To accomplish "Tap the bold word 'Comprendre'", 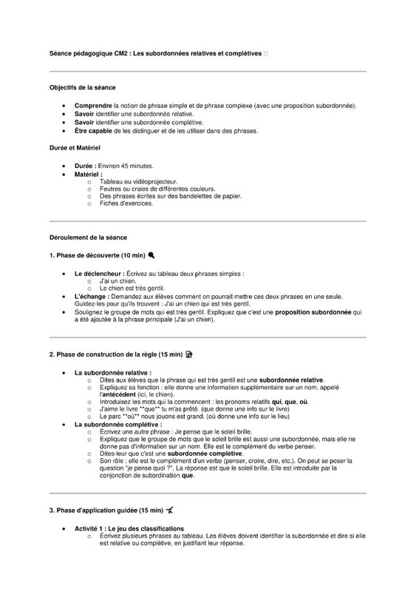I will pyautogui.click(x=93, y=106).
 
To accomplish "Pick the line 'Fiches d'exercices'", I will pyautogui.click(x=126, y=203).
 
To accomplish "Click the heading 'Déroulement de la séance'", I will pyautogui.click(x=88, y=238).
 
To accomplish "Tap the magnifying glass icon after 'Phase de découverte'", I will pyautogui.click(x=151, y=255).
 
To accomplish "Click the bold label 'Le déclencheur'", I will pyautogui.click(x=98, y=274).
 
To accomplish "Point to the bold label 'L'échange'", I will pyautogui.click(x=92, y=296).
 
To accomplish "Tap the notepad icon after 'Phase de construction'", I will pyautogui.click(x=189, y=354).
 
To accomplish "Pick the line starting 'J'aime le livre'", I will pyautogui.click(x=194, y=408).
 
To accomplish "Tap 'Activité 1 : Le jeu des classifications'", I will pyautogui.click(x=129, y=528).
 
